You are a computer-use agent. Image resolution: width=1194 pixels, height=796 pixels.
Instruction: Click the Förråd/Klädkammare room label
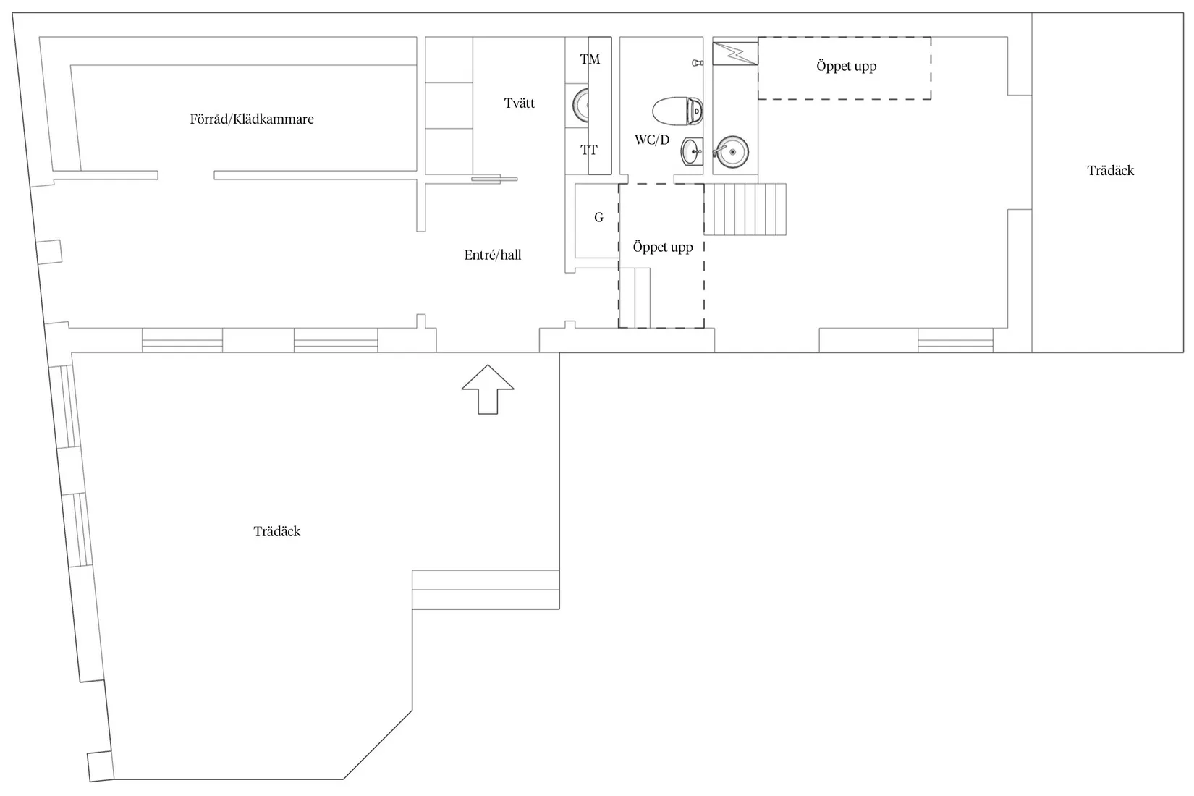pos(252,119)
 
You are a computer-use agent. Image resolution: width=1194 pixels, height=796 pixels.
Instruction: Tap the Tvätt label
pos(519,103)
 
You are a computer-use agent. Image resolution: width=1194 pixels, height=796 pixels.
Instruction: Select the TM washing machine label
pos(590,59)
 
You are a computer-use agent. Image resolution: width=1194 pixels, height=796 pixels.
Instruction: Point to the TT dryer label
pos(589,151)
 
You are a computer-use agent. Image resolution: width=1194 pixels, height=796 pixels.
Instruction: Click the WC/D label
pos(652,140)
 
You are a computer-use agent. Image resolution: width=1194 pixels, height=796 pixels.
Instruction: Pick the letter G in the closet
pos(598,218)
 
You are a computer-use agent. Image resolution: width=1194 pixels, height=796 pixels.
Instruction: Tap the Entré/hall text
pos(493,255)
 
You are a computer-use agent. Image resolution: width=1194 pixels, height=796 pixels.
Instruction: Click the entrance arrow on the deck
pos(488,389)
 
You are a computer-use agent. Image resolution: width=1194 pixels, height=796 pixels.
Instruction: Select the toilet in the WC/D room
pos(677,111)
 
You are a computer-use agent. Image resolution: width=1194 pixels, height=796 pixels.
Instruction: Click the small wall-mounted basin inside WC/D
pos(693,151)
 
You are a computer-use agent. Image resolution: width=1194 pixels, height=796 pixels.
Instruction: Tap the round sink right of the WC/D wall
pos(732,152)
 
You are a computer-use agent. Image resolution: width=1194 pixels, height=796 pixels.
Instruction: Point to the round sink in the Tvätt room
pos(581,105)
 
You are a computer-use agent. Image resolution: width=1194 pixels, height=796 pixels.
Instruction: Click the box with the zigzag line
pos(735,54)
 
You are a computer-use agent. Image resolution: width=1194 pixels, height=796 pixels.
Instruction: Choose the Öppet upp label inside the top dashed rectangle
pos(847,66)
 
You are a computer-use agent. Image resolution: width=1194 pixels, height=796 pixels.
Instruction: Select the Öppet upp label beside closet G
pos(663,247)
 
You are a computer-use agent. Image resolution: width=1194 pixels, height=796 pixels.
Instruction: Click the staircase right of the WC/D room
pos(745,209)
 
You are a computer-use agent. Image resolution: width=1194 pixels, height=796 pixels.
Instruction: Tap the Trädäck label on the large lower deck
pos(276,531)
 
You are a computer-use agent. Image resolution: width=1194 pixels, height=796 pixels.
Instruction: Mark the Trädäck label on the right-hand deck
pos(1110,171)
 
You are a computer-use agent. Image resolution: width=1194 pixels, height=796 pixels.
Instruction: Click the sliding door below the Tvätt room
pos(494,179)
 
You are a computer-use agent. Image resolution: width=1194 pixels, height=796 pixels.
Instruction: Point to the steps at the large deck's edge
pos(486,590)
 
